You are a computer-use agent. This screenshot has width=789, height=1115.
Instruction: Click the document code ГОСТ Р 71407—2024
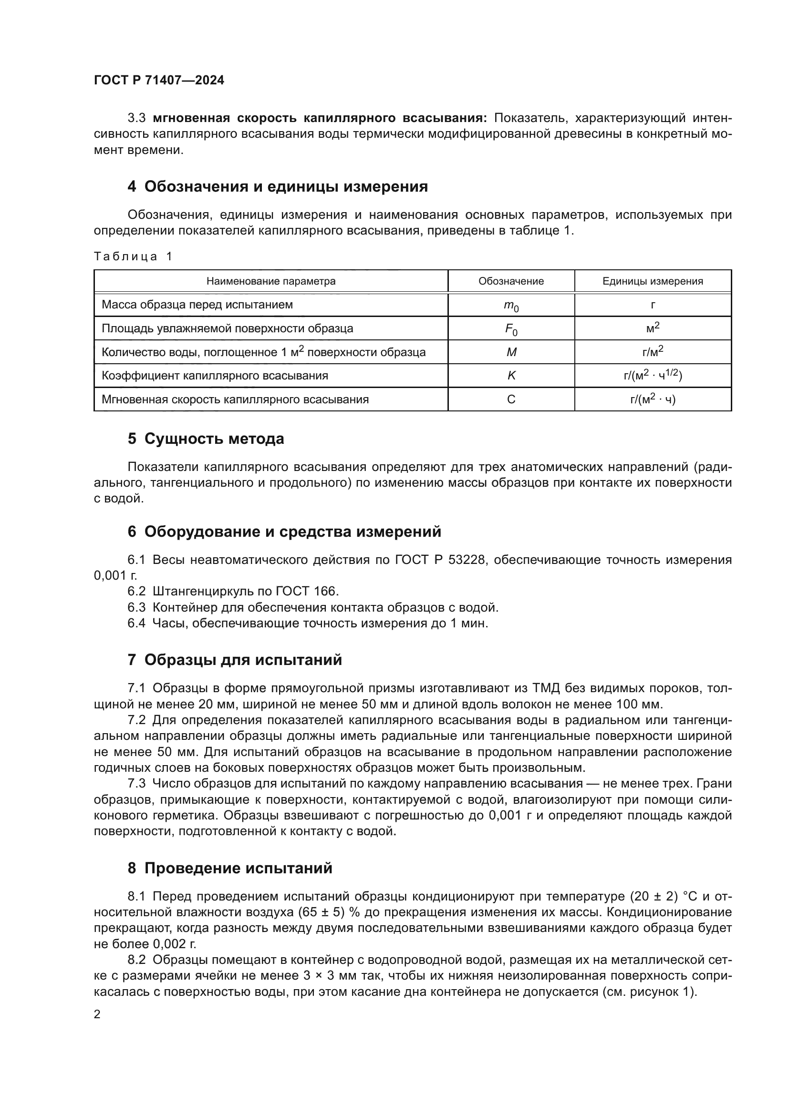[x=159, y=80]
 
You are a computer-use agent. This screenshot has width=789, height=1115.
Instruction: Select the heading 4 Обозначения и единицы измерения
[x=278, y=186]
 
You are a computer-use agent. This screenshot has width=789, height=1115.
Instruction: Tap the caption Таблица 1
[x=133, y=256]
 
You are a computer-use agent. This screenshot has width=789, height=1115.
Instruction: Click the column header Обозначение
[x=510, y=281]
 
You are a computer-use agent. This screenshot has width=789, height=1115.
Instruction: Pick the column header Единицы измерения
[x=653, y=281]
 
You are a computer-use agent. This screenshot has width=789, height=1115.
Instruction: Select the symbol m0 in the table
[x=510, y=306]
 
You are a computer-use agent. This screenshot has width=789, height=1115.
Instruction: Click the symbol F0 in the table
[x=510, y=329]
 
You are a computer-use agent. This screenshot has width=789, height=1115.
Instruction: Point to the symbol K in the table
[x=511, y=375]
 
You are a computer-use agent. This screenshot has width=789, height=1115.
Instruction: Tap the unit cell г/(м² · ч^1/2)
[x=653, y=375]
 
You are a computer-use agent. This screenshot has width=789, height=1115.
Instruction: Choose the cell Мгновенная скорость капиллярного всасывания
[x=235, y=399]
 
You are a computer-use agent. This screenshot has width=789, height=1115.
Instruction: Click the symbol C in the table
[x=511, y=399]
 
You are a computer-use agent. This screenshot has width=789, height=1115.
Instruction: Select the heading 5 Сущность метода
[x=206, y=439]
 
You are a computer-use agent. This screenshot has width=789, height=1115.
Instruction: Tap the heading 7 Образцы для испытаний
[x=235, y=659]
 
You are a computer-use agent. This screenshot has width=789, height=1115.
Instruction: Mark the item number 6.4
[x=136, y=623]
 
